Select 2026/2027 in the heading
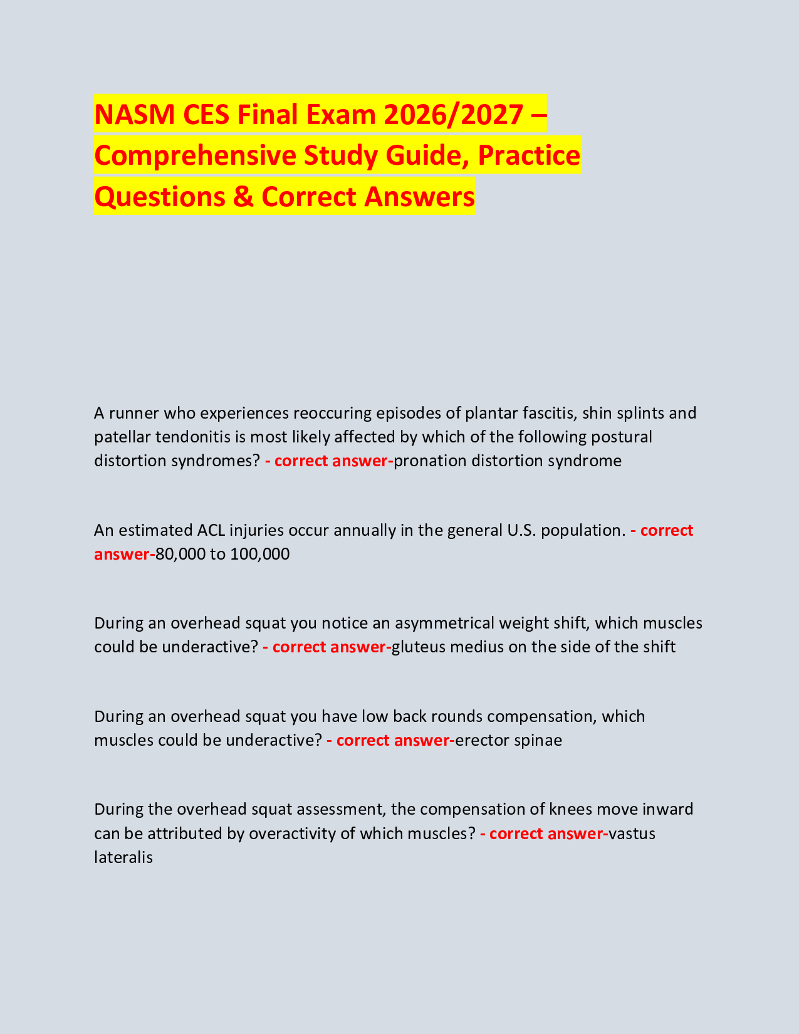454,115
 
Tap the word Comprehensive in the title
195,156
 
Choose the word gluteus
418,647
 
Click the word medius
476,647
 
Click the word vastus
632,834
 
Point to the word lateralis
123,858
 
